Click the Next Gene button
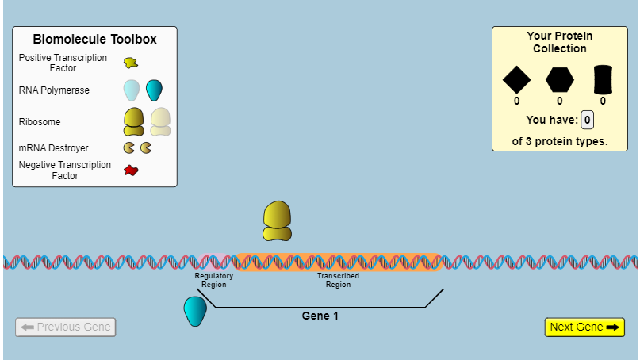(584, 327)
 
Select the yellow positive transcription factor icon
(131, 63)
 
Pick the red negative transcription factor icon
(131, 170)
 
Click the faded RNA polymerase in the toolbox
(131, 90)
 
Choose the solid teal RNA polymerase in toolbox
(154, 90)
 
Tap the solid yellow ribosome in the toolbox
(134, 121)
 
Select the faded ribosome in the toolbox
(160, 121)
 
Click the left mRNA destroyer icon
(128, 147)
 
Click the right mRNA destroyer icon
(146, 147)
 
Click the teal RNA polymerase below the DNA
(195, 311)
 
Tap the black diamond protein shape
(516, 79)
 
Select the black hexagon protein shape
(560, 79)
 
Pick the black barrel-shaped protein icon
(603, 79)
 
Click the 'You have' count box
(587, 120)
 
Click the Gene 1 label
(320, 316)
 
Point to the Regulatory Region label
(214, 280)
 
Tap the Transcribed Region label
(338, 280)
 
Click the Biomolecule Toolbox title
(94, 39)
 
